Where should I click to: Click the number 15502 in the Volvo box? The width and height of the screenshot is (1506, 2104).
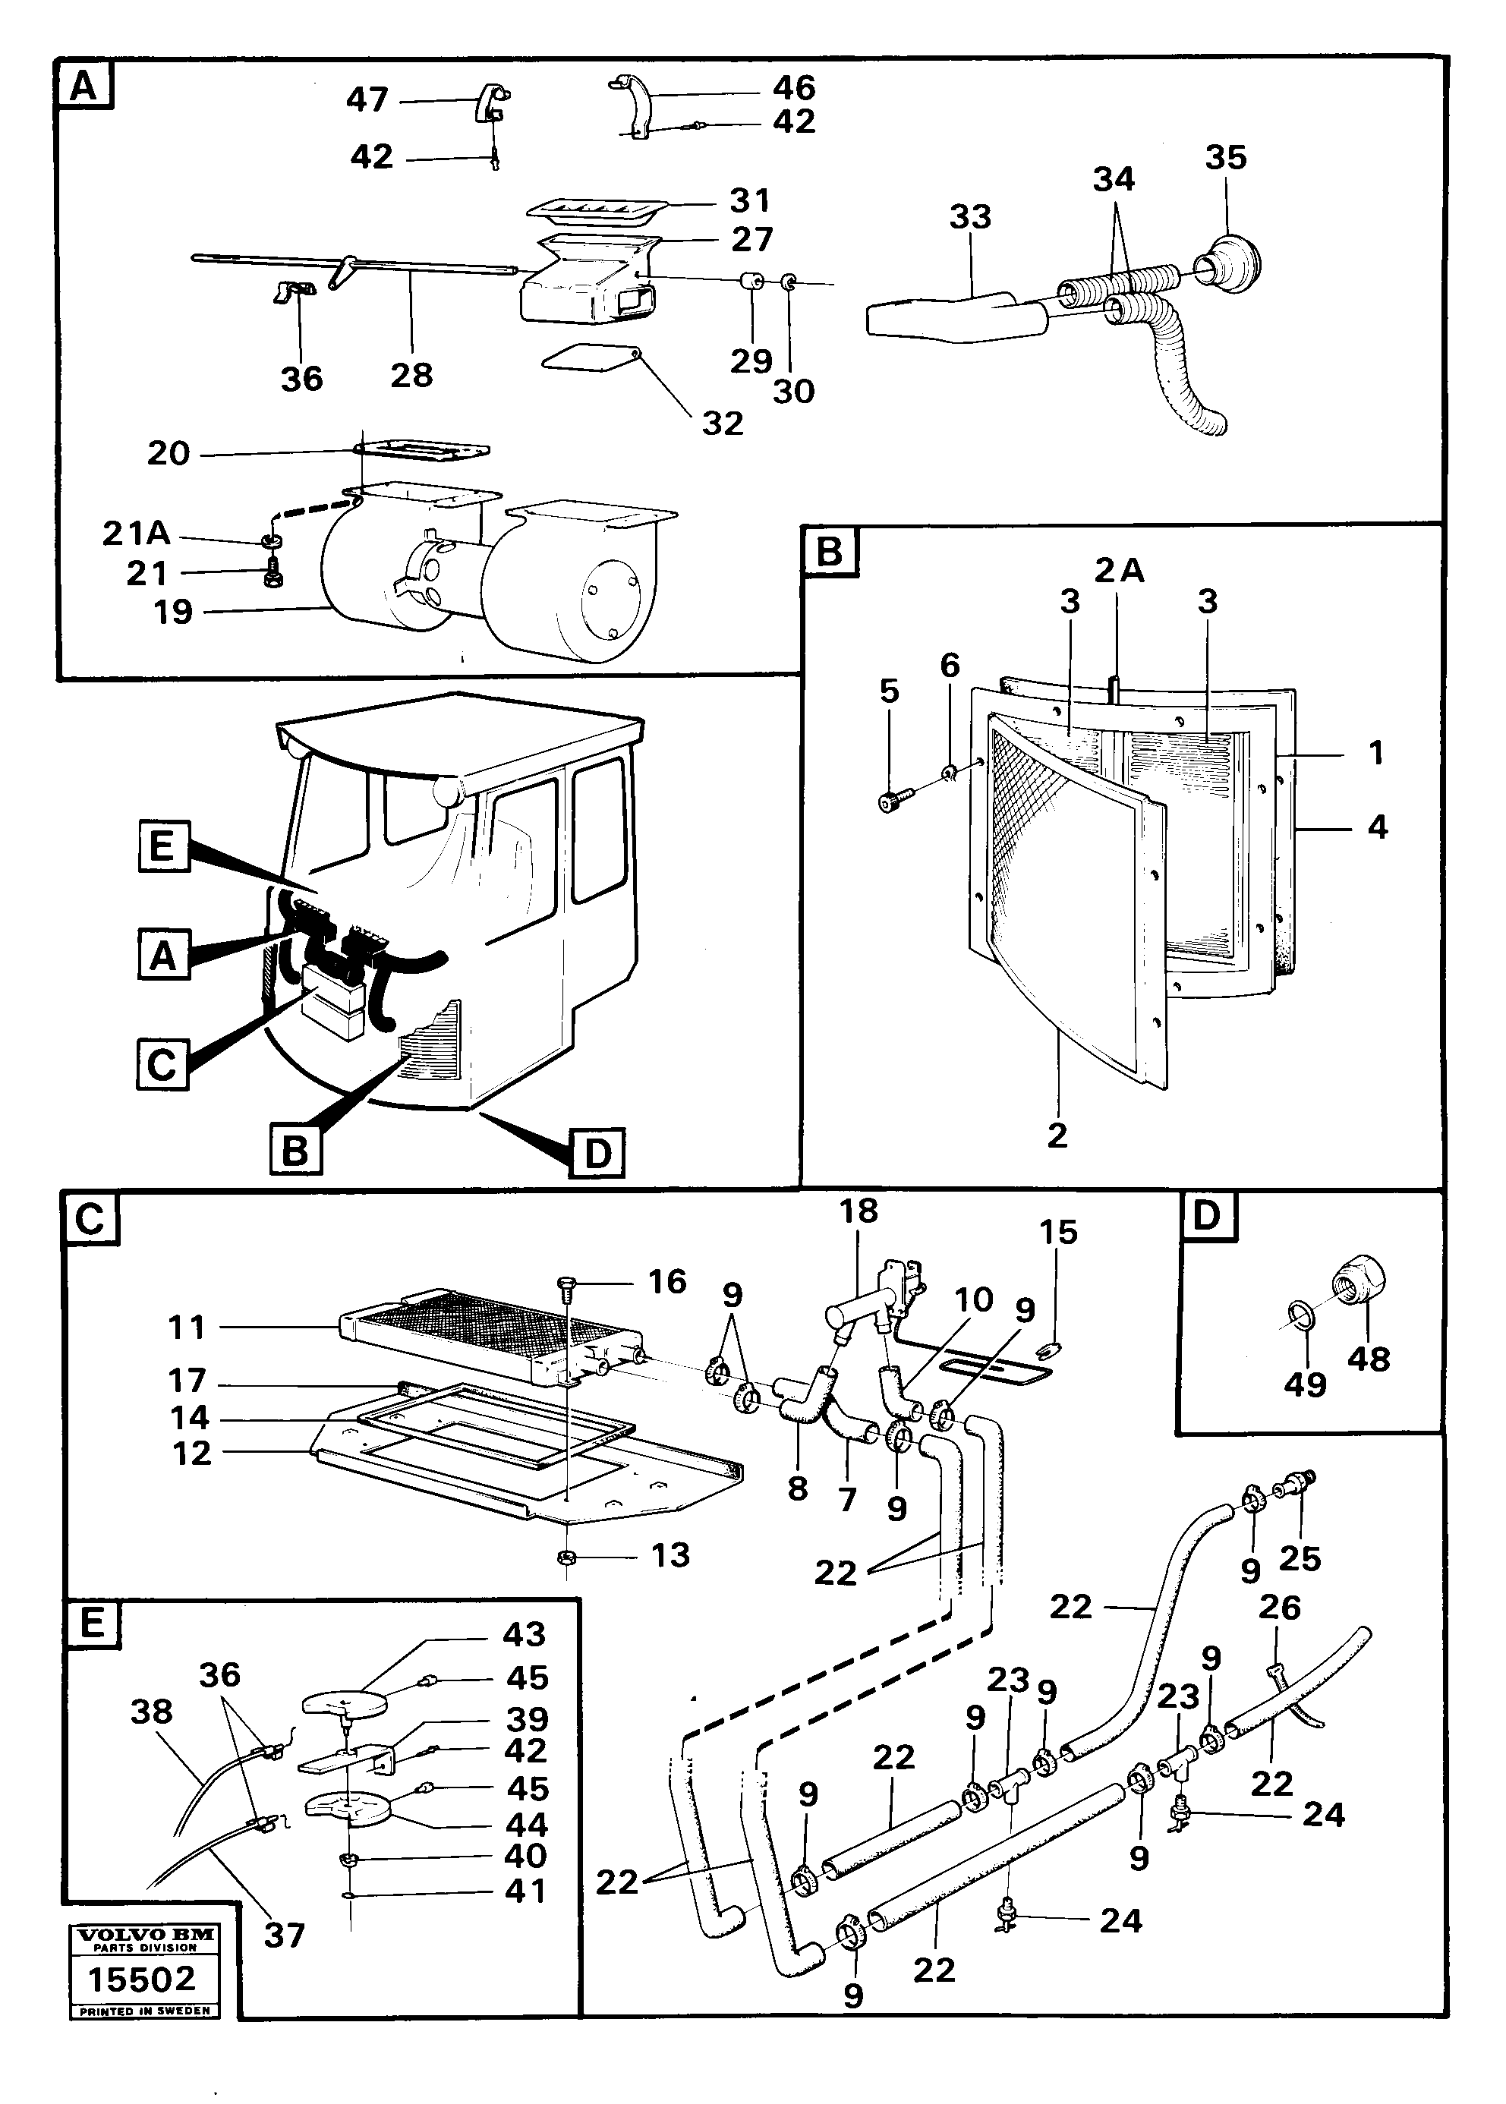[142, 1979]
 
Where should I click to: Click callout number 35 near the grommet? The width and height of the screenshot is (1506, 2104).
[1225, 158]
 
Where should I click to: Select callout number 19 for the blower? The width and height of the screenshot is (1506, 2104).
[172, 612]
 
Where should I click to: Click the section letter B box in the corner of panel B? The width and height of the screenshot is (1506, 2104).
[829, 552]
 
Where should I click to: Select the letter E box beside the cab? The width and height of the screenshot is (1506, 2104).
[162, 846]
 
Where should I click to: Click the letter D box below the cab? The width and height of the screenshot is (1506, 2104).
[598, 1153]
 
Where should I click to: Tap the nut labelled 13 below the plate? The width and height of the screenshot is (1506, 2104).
[563, 1555]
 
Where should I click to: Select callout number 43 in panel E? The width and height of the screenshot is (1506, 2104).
[523, 1635]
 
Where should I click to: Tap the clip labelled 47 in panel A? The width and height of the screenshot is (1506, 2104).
[495, 102]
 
